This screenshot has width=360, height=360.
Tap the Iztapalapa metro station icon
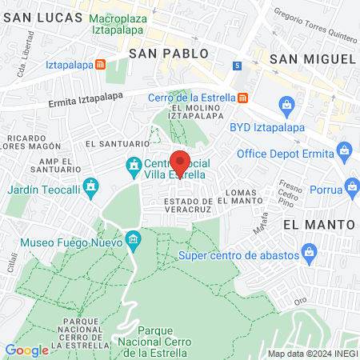point(100,64)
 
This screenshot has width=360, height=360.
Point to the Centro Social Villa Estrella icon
point(133,167)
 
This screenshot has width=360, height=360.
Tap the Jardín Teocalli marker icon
point(94,190)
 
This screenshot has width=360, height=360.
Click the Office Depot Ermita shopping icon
point(345,150)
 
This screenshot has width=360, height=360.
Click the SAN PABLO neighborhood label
point(168,54)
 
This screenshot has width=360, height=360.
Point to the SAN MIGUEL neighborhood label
point(312,58)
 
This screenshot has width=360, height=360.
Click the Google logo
point(26,350)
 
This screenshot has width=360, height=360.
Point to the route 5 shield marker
point(238,65)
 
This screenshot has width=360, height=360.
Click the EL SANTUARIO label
point(118,144)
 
